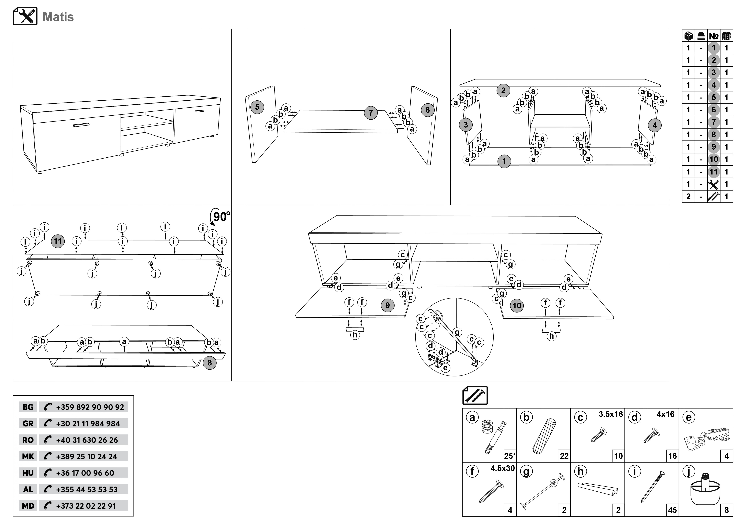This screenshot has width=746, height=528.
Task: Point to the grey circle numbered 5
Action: coord(257,107)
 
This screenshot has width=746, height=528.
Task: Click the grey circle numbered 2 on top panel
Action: coord(503,90)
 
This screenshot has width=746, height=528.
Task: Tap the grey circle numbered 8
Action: coord(210,363)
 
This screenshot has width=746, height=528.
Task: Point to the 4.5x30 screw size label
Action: coord(502,468)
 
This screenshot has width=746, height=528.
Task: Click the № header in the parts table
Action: coord(713,36)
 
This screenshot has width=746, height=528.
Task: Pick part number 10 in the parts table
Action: coord(713,159)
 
